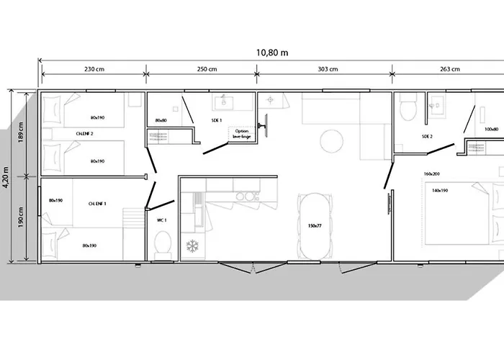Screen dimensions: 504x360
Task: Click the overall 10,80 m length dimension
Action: click(272, 53)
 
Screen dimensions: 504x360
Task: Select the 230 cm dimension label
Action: click(94, 69)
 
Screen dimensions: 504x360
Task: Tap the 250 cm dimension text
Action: click(207, 69)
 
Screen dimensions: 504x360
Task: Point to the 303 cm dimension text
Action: click(328, 69)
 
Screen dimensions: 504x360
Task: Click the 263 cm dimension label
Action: click(450, 69)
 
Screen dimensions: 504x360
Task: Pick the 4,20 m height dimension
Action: click(6, 177)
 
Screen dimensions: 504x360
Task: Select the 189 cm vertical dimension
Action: click(21, 132)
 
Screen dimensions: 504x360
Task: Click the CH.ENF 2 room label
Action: click(84, 134)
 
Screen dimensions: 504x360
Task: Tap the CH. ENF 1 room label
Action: click(97, 204)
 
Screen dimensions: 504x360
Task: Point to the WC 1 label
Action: click(162, 220)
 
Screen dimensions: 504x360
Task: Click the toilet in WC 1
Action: click(163, 244)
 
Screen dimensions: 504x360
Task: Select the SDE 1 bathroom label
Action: click(216, 120)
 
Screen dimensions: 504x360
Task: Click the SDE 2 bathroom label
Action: click(427, 137)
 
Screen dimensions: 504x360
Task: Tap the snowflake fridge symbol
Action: click(192, 246)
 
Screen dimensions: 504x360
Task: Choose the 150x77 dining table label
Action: click(315, 226)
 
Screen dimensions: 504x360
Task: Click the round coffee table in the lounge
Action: click(331, 140)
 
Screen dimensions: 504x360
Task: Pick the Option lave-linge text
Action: click(241, 134)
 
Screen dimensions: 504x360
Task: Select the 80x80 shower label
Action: click(161, 120)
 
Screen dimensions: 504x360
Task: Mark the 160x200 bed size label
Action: click(432, 174)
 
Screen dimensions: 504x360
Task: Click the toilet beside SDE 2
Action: click(408, 107)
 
